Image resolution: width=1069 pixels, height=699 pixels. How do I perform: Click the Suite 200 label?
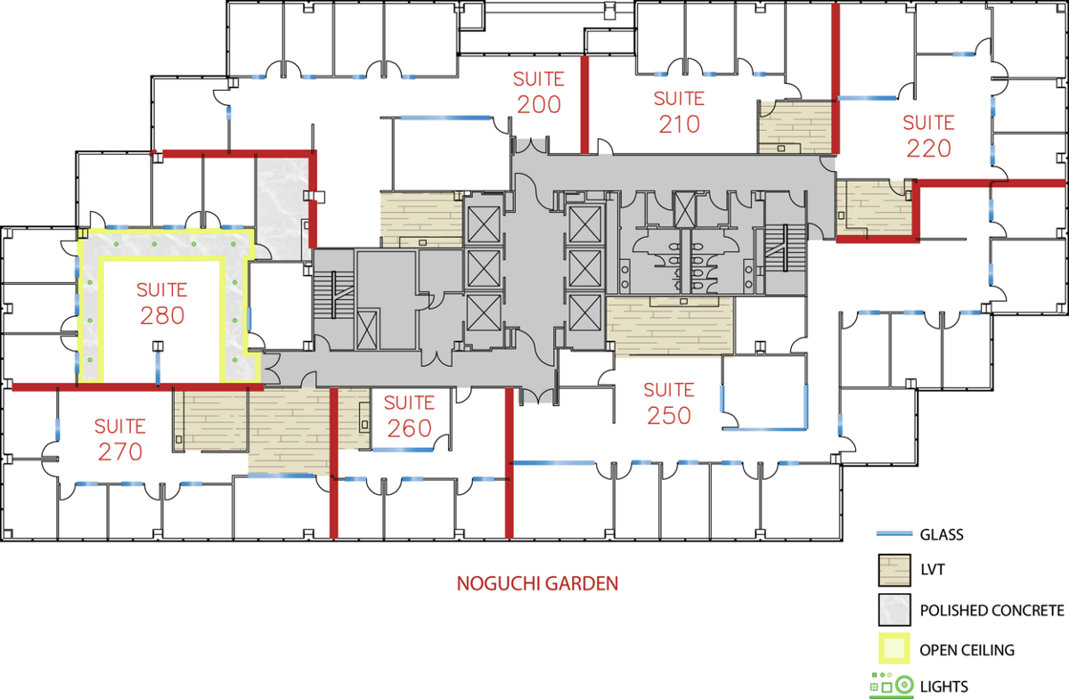click(x=539, y=92)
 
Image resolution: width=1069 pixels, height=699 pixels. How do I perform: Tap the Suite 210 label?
click(x=679, y=111)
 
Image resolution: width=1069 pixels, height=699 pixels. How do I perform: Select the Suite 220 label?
click(x=928, y=136)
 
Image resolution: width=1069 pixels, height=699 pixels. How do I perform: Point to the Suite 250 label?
click(x=669, y=403)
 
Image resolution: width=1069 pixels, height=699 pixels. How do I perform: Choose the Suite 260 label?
click(x=410, y=416)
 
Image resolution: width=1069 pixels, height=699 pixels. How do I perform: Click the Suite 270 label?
click(x=120, y=440)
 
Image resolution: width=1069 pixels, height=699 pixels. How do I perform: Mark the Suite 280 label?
click(x=162, y=303)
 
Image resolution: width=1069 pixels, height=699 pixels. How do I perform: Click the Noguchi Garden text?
click(x=537, y=583)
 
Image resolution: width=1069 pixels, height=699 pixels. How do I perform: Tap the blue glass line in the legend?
click(x=894, y=534)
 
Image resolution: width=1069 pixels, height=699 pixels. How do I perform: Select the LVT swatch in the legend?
click(x=894, y=570)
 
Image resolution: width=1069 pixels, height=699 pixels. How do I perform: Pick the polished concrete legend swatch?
click(x=894, y=610)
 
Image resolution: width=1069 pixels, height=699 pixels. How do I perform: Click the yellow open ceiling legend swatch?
click(x=894, y=648)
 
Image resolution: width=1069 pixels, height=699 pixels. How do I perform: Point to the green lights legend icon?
click(x=892, y=685)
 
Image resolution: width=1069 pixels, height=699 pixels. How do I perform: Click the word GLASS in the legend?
click(x=942, y=534)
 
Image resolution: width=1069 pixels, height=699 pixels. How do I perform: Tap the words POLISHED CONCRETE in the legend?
click(x=992, y=610)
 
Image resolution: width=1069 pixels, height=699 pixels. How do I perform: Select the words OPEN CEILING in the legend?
click(x=967, y=650)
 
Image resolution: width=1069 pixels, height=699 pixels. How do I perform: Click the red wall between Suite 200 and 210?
click(x=584, y=105)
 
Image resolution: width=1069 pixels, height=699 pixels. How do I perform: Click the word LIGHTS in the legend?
click(x=944, y=687)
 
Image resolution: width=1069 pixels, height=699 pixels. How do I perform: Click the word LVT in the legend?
click(x=933, y=569)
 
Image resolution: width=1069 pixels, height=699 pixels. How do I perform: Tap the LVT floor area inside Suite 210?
click(x=795, y=126)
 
